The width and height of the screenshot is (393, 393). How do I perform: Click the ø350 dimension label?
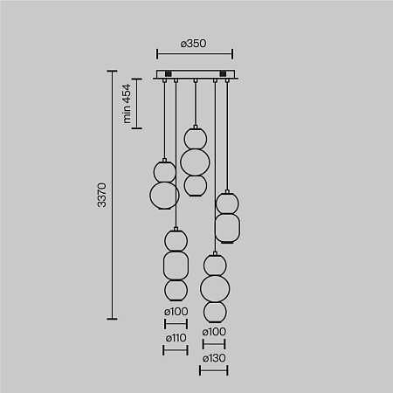194,41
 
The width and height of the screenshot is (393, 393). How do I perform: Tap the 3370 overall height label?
101,195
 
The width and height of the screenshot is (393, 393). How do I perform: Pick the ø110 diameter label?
176,337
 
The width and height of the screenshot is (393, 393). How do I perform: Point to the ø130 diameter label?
214,359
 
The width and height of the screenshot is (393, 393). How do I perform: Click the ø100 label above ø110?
176,312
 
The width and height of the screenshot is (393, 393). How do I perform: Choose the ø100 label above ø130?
214,333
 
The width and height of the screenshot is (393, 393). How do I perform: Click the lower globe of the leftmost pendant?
163,193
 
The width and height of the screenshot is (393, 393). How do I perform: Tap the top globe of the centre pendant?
194,137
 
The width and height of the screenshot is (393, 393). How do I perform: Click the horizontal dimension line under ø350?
194,53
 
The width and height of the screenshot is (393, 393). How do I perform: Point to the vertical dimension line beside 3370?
112,195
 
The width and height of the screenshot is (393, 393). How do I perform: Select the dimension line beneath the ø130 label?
214,370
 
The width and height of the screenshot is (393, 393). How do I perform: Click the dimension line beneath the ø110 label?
176,349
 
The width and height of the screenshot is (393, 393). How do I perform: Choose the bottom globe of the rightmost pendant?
227,230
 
